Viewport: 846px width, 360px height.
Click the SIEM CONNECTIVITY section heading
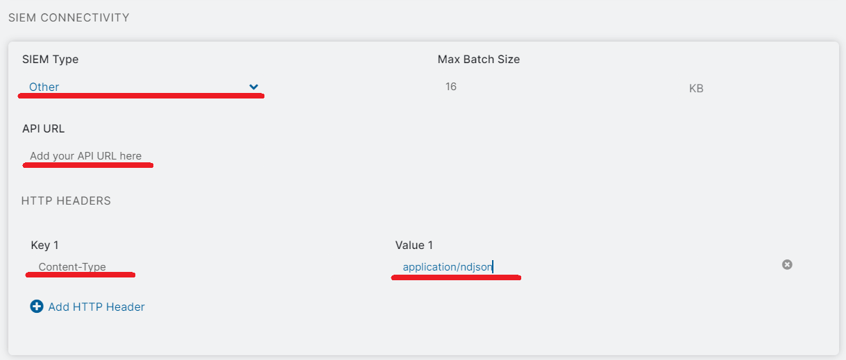pos(69,18)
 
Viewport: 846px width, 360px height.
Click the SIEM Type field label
pos(50,59)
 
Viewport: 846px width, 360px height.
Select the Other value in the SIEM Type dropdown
pos(44,87)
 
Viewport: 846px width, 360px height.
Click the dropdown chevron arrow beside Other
pos(253,87)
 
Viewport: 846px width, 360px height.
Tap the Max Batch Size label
pos(478,59)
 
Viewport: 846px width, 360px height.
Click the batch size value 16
pos(451,87)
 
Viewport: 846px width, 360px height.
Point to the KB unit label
pos(696,88)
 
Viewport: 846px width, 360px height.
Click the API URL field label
pos(43,129)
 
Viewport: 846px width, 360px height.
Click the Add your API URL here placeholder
pos(86,156)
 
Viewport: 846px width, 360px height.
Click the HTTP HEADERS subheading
pos(66,200)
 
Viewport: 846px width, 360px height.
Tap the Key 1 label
pos(44,246)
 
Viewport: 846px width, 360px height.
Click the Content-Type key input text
pos(72,267)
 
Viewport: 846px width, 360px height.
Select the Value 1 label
pos(414,246)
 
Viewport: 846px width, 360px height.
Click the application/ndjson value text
pos(448,267)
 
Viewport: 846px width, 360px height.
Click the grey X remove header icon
pos(787,264)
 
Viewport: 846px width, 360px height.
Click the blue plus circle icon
pos(37,307)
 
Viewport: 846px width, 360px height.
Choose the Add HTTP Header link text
pos(96,307)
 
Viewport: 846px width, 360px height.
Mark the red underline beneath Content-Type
pos(80,275)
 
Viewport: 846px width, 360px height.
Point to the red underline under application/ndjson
pos(456,277)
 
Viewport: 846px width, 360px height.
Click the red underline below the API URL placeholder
pos(87,165)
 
